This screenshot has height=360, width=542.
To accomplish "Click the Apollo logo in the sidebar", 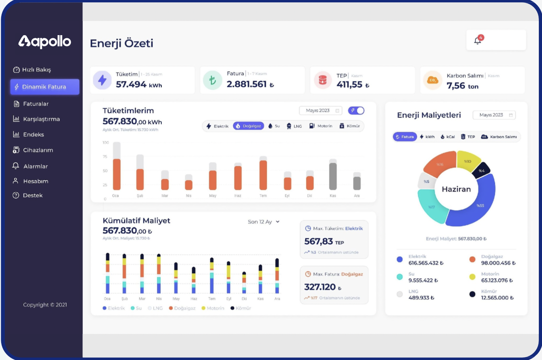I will [x=45, y=41].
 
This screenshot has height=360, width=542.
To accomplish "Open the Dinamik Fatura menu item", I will [x=44, y=87].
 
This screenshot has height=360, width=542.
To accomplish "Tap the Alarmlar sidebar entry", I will [x=35, y=166].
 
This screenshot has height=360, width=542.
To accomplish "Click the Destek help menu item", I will [x=32, y=195].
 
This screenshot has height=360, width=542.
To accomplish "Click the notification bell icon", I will [x=478, y=40].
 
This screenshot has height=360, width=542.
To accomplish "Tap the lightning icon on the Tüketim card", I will [x=102, y=80].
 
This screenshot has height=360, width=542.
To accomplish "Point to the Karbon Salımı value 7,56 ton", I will [x=462, y=86].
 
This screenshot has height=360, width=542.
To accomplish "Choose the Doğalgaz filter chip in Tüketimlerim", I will [x=249, y=126].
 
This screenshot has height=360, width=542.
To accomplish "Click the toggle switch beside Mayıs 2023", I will [x=356, y=111].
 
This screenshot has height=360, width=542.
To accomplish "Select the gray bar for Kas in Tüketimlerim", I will [x=333, y=176].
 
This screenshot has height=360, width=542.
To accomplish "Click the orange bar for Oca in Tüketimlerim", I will [x=117, y=174].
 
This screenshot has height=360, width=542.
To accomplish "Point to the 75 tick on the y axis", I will [x=105, y=157].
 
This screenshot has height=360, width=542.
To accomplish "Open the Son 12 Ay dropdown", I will [x=264, y=222].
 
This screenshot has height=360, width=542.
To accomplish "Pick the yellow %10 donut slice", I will [x=468, y=161].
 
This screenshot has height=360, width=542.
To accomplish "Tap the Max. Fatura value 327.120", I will [x=320, y=287].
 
